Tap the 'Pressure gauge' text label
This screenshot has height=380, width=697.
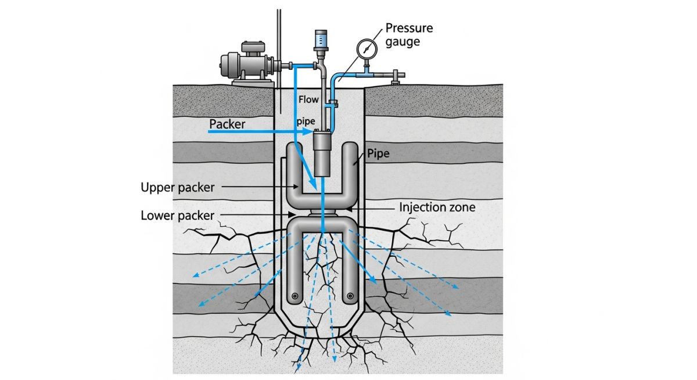[409, 35]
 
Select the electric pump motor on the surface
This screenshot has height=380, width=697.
[244, 63]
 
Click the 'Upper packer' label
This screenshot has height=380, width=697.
[178, 188]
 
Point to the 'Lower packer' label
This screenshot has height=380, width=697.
[177, 216]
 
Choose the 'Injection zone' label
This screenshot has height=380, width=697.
[437, 207]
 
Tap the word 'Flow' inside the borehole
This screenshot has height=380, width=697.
[308, 99]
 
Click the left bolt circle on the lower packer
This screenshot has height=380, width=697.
[295, 296]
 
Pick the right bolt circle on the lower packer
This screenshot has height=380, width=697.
[350, 296]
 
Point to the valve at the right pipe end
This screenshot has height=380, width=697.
[396, 75]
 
